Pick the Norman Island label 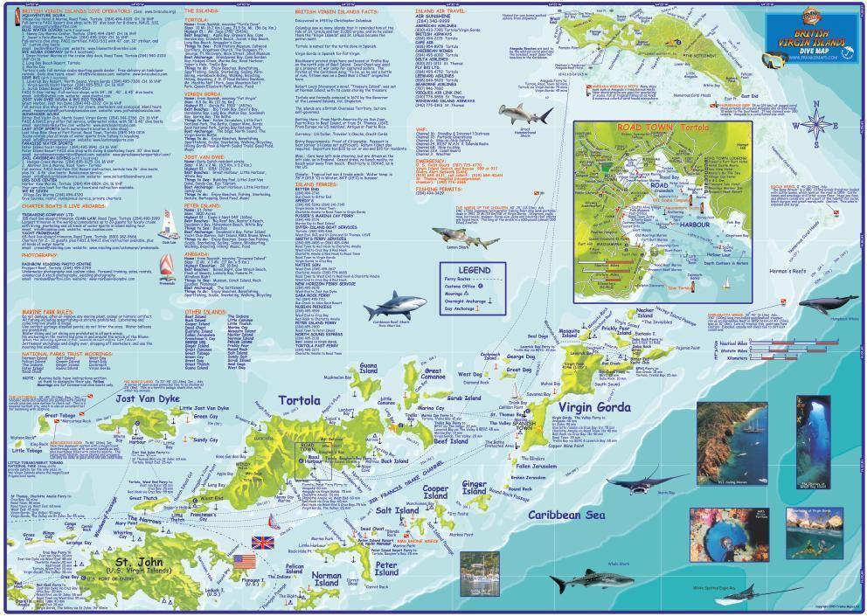coord(328,579)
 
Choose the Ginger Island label coord(475,485)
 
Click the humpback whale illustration coord(827,305)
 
